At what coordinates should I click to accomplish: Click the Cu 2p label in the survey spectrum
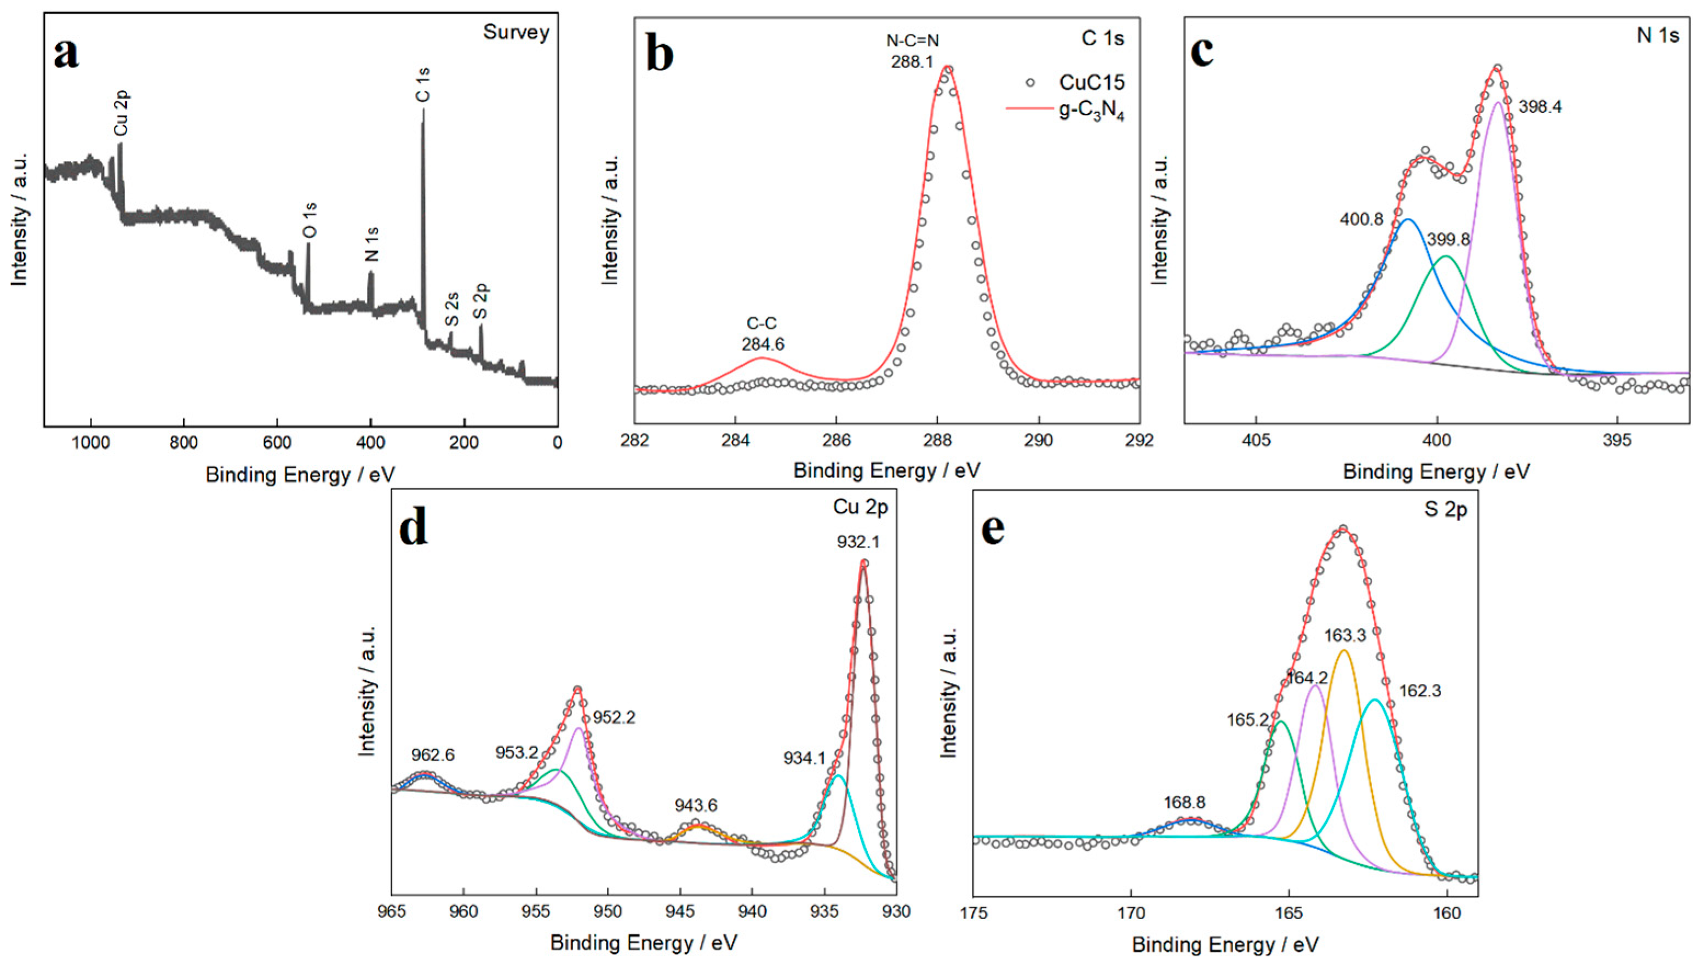pos(121,113)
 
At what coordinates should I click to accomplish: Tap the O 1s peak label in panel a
pos(310,221)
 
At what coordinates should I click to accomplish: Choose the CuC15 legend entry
pos(1091,83)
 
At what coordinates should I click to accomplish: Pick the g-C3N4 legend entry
pos(1091,111)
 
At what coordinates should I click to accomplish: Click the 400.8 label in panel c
pos(1362,219)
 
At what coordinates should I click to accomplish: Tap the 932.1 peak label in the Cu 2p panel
pos(858,542)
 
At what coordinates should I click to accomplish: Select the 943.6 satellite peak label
pos(696,806)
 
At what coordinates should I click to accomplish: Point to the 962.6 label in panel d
pos(432,755)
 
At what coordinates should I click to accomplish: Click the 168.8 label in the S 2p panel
pos(1184,803)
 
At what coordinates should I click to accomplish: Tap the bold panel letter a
pos(65,53)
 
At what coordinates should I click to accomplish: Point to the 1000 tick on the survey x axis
pos(90,443)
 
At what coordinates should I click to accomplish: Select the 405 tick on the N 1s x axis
pos(1256,441)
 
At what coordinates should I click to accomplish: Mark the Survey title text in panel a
pos(515,32)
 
